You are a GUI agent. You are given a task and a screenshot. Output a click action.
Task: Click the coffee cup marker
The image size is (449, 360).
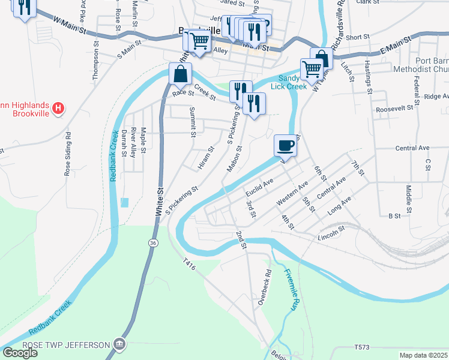pyautogui.click(x=285, y=145)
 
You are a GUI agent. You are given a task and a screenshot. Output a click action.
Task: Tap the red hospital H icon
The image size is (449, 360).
pyautogui.click(x=58, y=109)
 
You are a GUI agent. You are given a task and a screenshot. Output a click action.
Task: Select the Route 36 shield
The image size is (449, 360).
pyautogui.click(x=154, y=242)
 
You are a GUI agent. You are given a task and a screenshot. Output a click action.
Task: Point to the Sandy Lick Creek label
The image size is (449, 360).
pyautogui.click(x=288, y=82)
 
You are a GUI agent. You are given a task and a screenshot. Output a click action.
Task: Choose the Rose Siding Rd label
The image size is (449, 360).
pyautogui.click(x=68, y=154)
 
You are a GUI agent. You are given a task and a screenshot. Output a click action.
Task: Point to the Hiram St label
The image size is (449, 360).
pyautogui.click(x=206, y=158)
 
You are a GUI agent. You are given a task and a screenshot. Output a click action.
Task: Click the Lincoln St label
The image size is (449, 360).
pyautogui.click(x=333, y=230)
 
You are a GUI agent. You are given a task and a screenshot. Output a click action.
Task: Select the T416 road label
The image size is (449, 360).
pyautogui.click(x=190, y=262)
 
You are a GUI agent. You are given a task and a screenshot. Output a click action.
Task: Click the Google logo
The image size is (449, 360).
pyautogui.click(x=19, y=353)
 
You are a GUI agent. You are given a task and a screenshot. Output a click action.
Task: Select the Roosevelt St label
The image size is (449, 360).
pyautogui.click(x=395, y=109)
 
